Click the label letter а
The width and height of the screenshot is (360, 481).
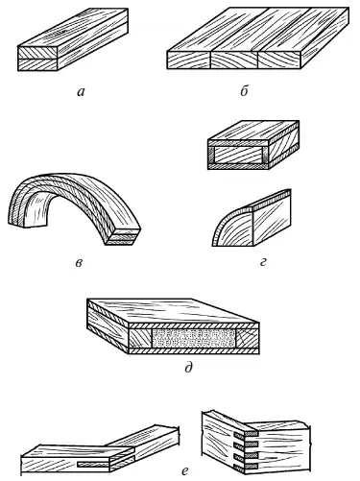coord(81,92)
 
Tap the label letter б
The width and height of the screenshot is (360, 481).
coord(244,91)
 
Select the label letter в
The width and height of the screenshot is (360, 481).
coord(79,263)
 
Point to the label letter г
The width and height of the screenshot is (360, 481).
coord(263,262)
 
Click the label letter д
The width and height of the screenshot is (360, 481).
coord(188,367)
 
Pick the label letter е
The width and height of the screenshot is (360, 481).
coord(184,470)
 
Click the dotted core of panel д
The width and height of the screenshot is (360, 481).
coord(194,339)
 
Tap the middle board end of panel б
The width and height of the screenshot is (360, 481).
coord(234,60)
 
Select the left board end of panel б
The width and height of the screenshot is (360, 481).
coord(188,60)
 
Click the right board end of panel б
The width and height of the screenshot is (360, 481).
coord(279,60)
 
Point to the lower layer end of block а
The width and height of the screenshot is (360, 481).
coord(37,64)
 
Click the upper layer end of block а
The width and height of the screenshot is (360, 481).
coord(37,53)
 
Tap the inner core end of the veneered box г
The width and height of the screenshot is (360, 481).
coord(237,155)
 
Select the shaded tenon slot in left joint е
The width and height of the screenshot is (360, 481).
coord(93,464)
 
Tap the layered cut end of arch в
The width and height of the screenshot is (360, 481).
coord(123,237)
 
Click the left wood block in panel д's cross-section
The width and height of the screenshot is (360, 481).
coord(140,339)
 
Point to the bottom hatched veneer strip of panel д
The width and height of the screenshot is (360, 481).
coord(194,351)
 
